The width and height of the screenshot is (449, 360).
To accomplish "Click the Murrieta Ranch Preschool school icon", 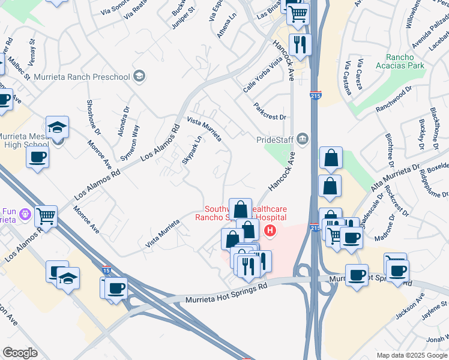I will coord(139,76).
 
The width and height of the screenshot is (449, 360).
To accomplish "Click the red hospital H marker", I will coord(271,230).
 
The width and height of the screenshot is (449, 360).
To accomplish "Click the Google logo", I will coord(20,353).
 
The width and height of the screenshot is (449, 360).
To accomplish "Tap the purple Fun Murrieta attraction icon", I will coord(25,214).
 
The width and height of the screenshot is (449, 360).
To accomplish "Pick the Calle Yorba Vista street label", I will coord(262,77).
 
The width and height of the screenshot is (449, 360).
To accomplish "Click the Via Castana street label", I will coord(347,78).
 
